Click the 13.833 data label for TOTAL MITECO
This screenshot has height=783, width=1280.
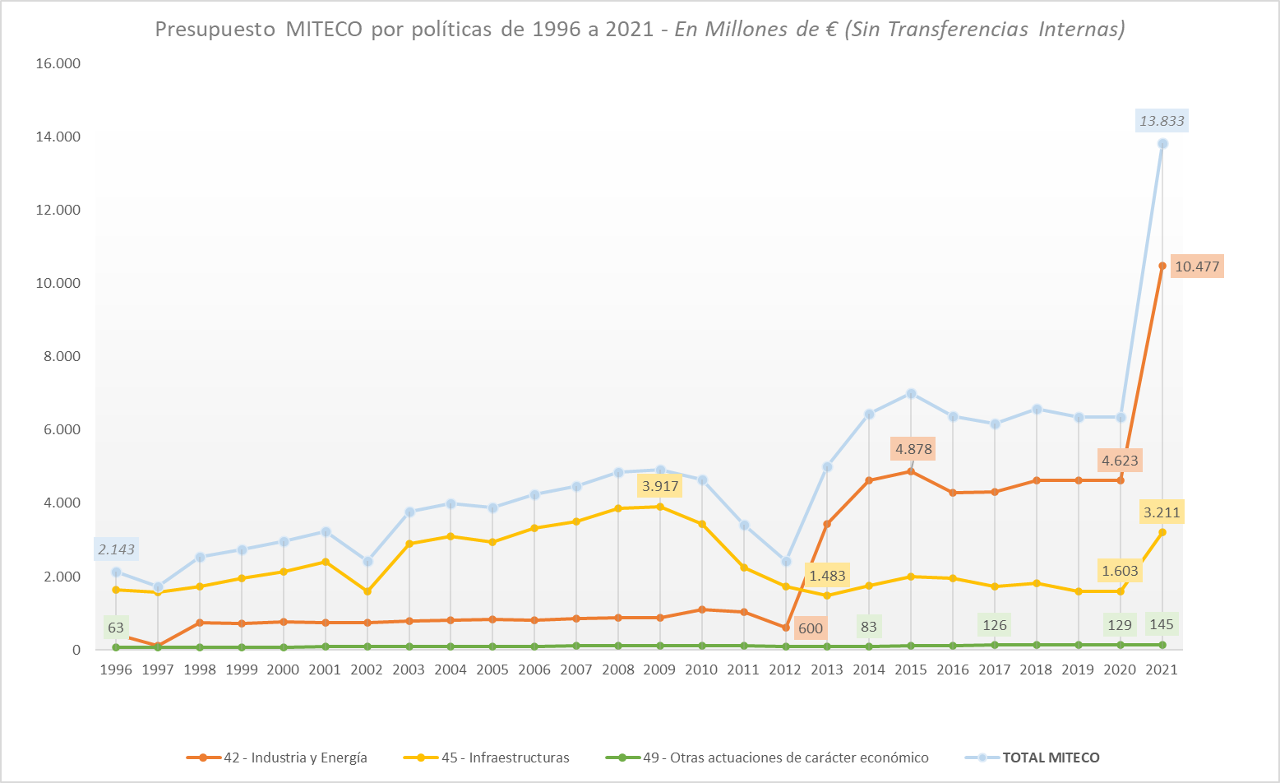coord(1162,121)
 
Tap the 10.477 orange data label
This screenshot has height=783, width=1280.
coord(1197,266)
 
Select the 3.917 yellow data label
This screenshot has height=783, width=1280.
coord(660,486)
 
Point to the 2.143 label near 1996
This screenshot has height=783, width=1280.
coord(116,549)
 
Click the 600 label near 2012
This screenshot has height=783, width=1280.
coord(810,628)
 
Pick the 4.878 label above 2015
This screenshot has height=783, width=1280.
coord(913,449)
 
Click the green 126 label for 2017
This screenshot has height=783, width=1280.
coord(994,625)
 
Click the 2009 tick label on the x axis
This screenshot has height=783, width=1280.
coord(659,669)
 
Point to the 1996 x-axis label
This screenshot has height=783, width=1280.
coord(116,669)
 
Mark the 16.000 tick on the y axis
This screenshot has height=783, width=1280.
coord(58,63)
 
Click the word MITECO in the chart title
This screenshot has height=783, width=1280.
coord(324,30)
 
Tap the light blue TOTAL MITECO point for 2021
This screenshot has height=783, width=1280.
coord(1162,144)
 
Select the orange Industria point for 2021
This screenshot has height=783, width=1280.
coord(1162,266)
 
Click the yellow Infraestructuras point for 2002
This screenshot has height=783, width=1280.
coord(367,591)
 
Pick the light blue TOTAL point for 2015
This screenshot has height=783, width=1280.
coord(911,393)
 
